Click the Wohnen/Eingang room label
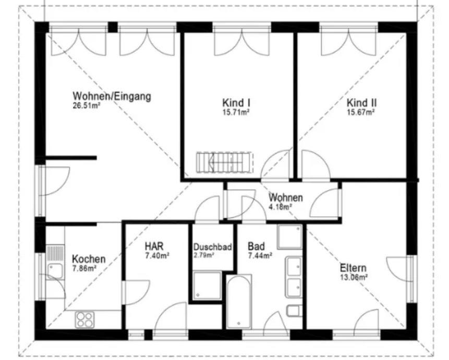112,96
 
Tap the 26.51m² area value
86,106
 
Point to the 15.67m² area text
361,112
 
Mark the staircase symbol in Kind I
224,163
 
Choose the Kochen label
89,259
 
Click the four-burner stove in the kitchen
85,320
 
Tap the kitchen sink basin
55,271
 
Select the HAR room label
154,246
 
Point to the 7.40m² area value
157,256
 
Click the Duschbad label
212,247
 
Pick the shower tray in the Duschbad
207,286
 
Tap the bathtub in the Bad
239,302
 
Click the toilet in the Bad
294,311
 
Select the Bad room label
256,246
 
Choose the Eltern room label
353,268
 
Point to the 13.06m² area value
354,277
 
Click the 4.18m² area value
281,207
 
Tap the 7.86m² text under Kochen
84,268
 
